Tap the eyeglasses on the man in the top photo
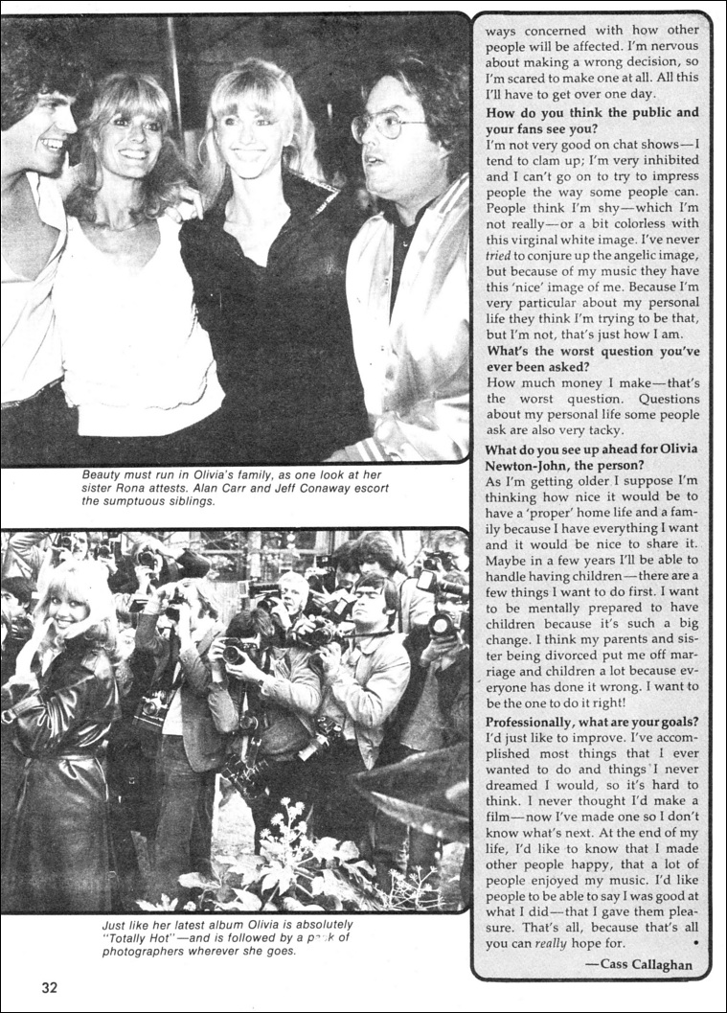point(386,126)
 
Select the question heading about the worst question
point(591,359)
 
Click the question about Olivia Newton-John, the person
point(591,457)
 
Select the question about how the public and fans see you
point(591,120)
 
